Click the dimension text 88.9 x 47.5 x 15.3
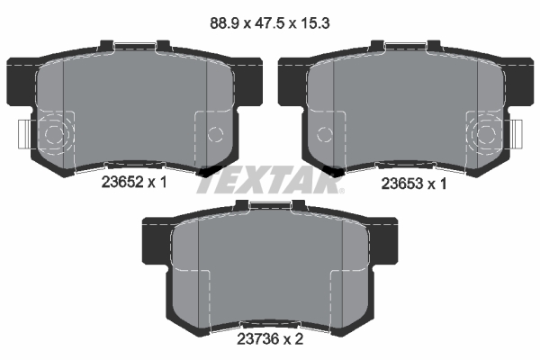pyautogui.click(x=270, y=23)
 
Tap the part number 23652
pyautogui.click(x=122, y=182)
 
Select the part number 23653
pyautogui.click(x=402, y=184)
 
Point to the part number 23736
pyautogui.click(x=257, y=339)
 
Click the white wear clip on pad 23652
pyautogui.click(x=25, y=134)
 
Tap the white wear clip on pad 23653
pyautogui.click(x=516, y=134)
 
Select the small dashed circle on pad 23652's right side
pyautogui.click(x=215, y=134)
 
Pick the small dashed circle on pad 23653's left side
pyautogui.click(x=325, y=134)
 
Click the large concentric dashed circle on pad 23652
pyautogui.click(x=55, y=134)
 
